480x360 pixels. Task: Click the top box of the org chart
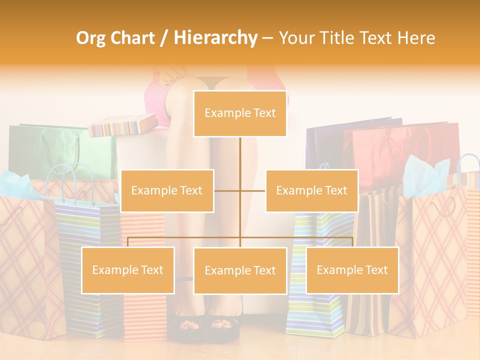coord(240,113)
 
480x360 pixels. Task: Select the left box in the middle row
coord(167,190)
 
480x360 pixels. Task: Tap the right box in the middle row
coord(311,190)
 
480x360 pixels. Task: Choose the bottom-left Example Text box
coord(128,270)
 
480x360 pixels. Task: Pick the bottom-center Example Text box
coord(240,270)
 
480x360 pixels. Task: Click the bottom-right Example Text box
coord(352,270)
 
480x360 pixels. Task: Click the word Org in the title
coord(90,38)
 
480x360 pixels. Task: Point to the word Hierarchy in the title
coord(215,38)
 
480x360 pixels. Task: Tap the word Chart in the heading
coord(132,38)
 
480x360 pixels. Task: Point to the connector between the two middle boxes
coord(240,190)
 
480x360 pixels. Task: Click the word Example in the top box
coord(223,113)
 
